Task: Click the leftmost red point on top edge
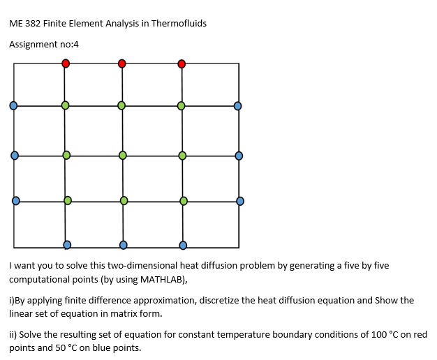66,63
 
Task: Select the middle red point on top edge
121,63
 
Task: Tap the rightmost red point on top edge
182,64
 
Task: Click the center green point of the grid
123,155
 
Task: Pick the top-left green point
65,105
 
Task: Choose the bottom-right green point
184,201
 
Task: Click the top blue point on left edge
13,106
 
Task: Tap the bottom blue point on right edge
240,201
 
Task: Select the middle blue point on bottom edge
124,245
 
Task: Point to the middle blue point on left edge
14,155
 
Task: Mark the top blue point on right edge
237,106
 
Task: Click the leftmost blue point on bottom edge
67,245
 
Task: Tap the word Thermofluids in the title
179,23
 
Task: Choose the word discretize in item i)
221,301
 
